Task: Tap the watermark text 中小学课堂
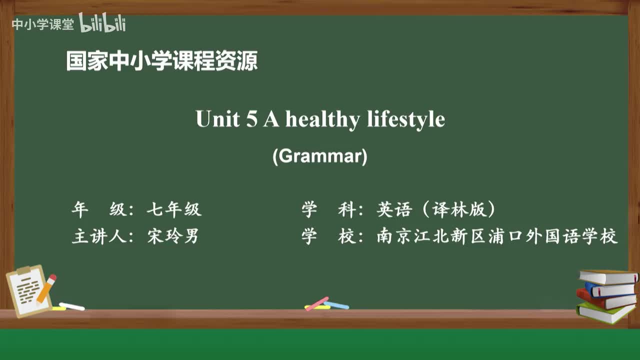click(42, 24)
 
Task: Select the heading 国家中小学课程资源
click(162, 61)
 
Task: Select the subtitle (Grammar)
click(320, 156)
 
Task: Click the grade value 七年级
click(174, 209)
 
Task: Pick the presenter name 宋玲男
click(173, 236)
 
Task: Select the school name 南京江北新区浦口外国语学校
click(497, 236)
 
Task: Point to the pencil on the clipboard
click(46, 288)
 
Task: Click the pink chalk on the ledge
click(317, 303)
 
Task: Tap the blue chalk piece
click(337, 304)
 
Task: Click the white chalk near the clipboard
click(71, 306)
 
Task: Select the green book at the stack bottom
click(605, 312)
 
